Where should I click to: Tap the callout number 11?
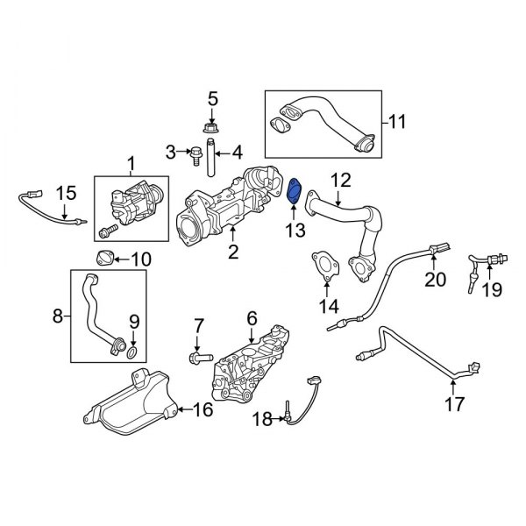click(x=397, y=124)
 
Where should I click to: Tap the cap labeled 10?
click(x=105, y=257)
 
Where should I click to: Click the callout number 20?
click(x=435, y=280)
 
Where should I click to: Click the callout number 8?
click(x=59, y=316)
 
